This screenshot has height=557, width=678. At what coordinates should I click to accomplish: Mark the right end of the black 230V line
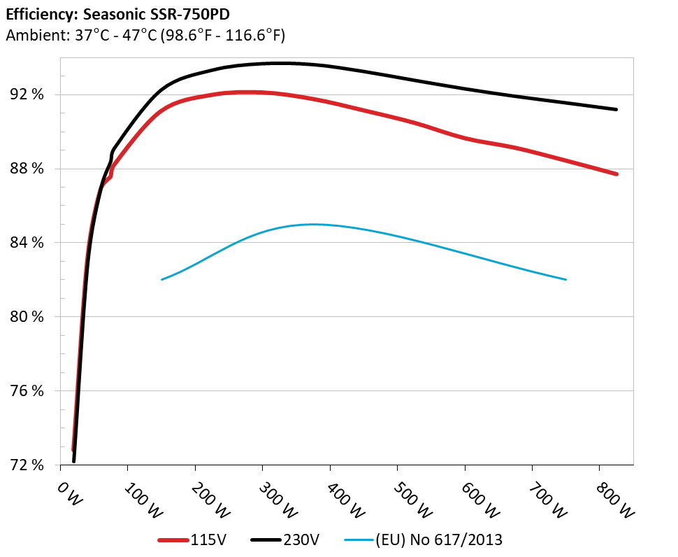point(616,109)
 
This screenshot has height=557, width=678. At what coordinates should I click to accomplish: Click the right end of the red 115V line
point(616,174)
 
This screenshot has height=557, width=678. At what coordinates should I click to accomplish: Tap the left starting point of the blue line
point(162,279)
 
